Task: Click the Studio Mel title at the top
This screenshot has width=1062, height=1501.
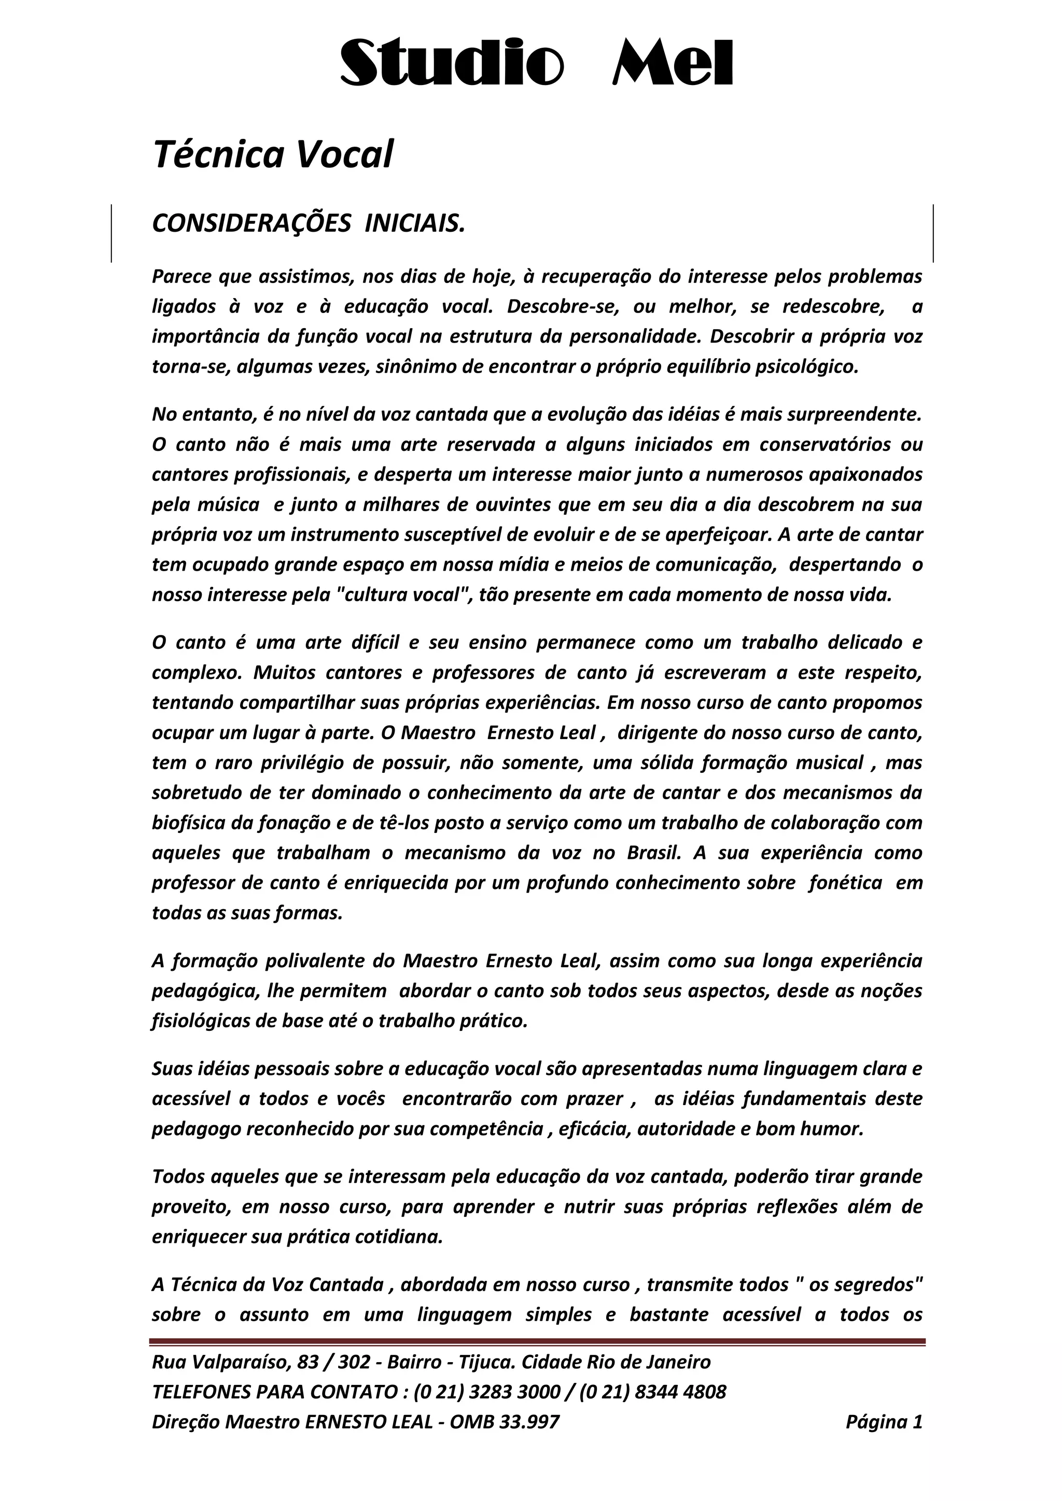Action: tap(536, 63)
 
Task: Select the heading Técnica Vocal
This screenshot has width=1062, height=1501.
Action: tap(273, 155)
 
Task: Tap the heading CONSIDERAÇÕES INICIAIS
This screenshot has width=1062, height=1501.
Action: tap(308, 223)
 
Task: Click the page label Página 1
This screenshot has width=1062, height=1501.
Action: tap(884, 1422)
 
